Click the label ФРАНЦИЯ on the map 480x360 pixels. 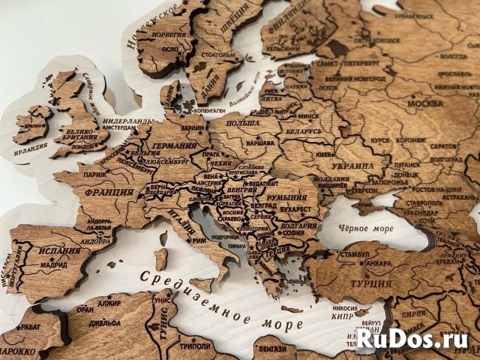point(109,193)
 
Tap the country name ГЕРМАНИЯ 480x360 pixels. point(175,146)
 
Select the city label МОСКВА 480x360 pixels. point(425,104)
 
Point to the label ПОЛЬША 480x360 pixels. point(244,124)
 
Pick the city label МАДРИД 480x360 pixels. point(54,264)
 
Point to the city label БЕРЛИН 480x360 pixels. point(193,128)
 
